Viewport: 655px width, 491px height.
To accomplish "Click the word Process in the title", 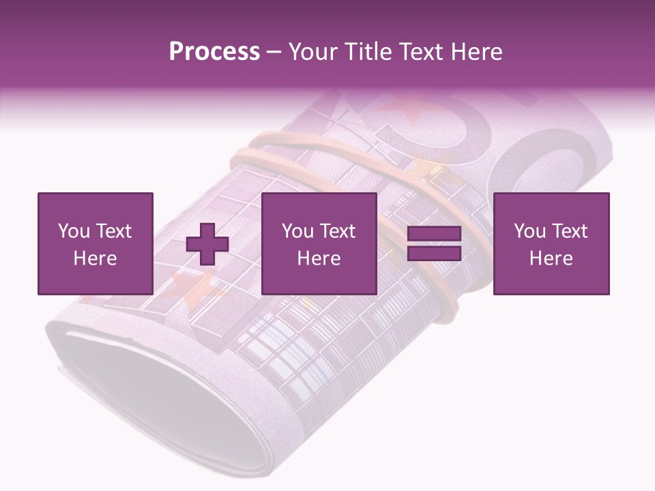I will coord(214,52).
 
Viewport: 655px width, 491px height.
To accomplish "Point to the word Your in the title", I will coord(311,52).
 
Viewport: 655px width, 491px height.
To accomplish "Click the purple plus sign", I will coord(207,243).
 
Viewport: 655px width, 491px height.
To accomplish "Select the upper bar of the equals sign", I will coord(434,235).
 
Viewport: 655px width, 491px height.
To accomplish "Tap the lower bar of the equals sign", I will coord(434,254).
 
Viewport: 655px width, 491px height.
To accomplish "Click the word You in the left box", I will coord(74,231).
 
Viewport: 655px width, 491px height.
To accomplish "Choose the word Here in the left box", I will coord(95,258).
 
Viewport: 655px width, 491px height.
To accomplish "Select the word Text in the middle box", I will coord(337,231).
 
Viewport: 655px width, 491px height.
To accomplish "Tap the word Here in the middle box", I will coord(319,258).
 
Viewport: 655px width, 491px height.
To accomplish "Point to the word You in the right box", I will coord(529,231).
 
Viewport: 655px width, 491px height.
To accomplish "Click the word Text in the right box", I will coord(569,231).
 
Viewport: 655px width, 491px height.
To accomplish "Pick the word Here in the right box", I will coord(551,258).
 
